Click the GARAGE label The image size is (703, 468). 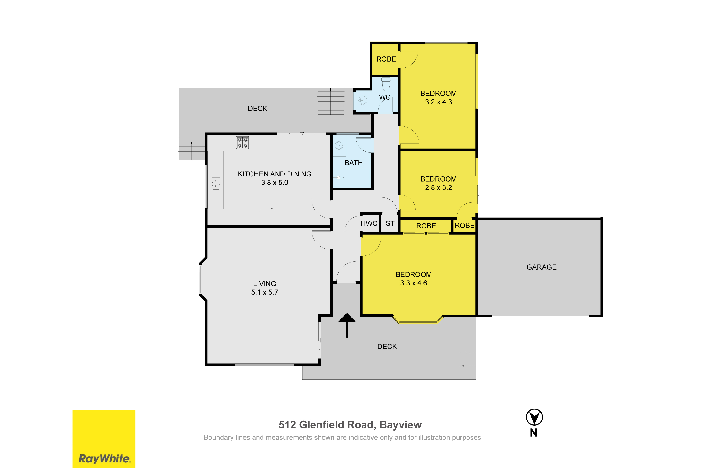pyautogui.click(x=541, y=267)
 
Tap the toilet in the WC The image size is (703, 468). pyautogui.click(x=386, y=84)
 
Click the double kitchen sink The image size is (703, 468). pyautogui.click(x=216, y=183)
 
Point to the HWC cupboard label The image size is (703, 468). pyautogui.click(x=369, y=223)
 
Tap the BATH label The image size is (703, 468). pyautogui.click(x=354, y=163)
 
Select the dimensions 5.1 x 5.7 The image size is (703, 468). pyautogui.click(x=265, y=292)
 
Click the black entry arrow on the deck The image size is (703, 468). pyautogui.click(x=347, y=325)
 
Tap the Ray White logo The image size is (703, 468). pyautogui.click(x=104, y=439)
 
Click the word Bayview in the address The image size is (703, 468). pyautogui.click(x=400, y=425)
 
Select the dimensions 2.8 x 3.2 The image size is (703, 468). pyautogui.click(x=438, y=187)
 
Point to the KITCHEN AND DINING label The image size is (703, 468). pyautogui.click(x=274, y=174)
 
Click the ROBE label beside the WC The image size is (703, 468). pyautogui.click(x=386, y=59)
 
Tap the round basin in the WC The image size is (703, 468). pyautogui.click(x=363, y=100)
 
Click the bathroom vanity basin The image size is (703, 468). pyautogui.click(x=339, y=145)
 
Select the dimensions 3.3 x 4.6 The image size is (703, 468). pyautogui.click(x=414, y=283)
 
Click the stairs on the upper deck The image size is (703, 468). pyautogui.click(x=331, y=101)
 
